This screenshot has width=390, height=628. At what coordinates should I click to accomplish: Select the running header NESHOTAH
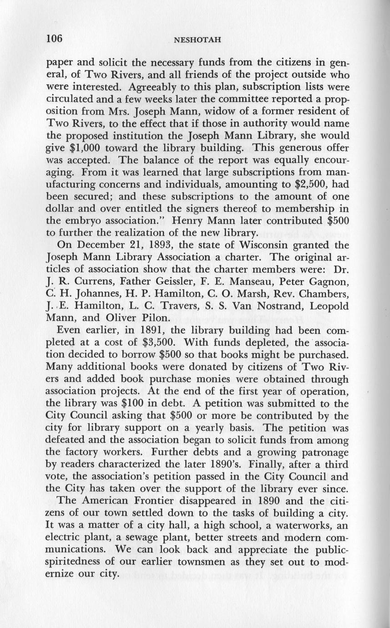coord(198,40)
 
